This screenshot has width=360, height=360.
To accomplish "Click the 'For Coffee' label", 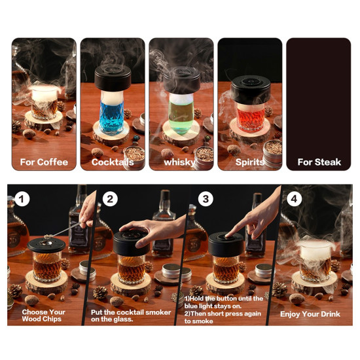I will (44, 162).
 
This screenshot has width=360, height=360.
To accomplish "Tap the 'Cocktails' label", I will (113, 162).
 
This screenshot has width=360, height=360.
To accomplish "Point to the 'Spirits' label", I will (249, 162).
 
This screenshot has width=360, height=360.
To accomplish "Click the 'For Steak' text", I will (319, 162).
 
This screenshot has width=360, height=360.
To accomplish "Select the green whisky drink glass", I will (180, 111).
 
